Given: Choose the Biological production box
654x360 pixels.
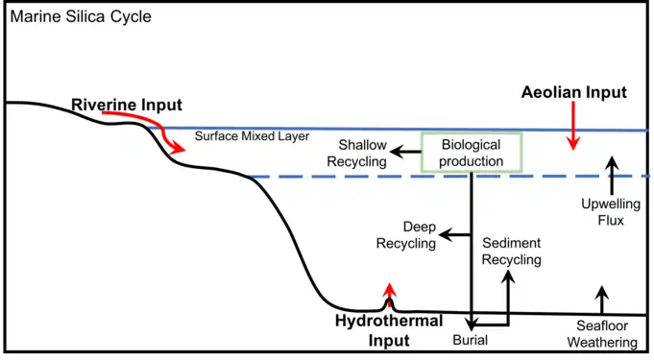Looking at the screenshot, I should (472, 153).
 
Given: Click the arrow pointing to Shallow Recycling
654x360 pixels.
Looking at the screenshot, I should (408, 152).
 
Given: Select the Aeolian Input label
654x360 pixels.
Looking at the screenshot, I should (573, 93).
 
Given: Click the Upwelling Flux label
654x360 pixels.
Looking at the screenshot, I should (603, 212).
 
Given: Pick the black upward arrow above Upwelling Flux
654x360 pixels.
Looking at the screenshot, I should (608, 173).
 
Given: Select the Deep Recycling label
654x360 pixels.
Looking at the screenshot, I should (405, 235).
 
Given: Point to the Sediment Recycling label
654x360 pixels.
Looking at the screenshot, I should (511, 252).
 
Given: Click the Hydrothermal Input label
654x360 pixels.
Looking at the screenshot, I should (388, 330).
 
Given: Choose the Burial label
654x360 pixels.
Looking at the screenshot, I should (470, 340).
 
